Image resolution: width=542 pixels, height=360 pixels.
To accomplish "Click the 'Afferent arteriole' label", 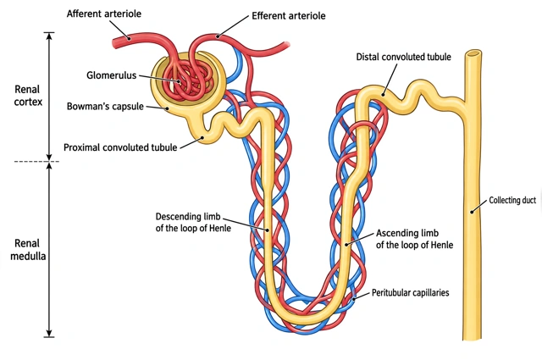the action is point(103,14).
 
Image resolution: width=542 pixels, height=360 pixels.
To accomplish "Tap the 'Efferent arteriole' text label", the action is point(288,16).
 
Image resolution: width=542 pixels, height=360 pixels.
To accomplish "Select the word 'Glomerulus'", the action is point(111,75).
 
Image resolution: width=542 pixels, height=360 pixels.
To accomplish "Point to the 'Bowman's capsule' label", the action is point(105,106).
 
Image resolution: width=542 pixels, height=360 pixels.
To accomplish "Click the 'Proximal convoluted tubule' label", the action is point(120,147).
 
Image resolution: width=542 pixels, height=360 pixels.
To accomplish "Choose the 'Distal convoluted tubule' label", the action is point(403,57).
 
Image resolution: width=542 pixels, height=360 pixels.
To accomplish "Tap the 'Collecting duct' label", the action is point(512,200).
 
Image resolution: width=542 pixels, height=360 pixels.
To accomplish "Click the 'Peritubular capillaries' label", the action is point(410,293).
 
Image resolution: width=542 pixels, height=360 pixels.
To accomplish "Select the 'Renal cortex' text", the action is point(28,96).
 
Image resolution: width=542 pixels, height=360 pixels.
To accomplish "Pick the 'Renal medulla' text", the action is point(28,250).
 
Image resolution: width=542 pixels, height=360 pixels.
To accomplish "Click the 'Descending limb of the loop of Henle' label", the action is point(193,223).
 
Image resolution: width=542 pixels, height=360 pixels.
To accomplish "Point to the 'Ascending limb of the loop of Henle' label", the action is point(414,239).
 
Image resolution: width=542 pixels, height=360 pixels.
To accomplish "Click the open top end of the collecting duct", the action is point(473,53).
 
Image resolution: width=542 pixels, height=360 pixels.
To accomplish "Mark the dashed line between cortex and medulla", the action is point(36,162).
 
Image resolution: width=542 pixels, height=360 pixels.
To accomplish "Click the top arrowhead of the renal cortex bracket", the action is point(49,36).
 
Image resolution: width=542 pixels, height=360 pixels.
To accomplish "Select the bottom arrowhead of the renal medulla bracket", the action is point(49,334).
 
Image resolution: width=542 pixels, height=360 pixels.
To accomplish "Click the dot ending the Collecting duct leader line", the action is point(472,212).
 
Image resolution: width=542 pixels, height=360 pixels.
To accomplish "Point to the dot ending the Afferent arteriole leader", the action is point(129,38).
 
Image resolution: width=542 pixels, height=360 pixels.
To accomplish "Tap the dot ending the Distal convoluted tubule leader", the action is point(383,95).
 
